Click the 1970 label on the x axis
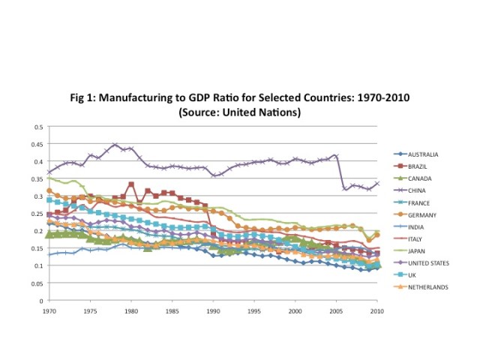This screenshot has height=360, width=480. click(50, 310)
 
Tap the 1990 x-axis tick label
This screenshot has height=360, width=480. click(214, 310)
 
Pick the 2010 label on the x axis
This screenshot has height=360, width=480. click(377, 310)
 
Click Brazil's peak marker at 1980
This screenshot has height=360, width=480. click(131, 184)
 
